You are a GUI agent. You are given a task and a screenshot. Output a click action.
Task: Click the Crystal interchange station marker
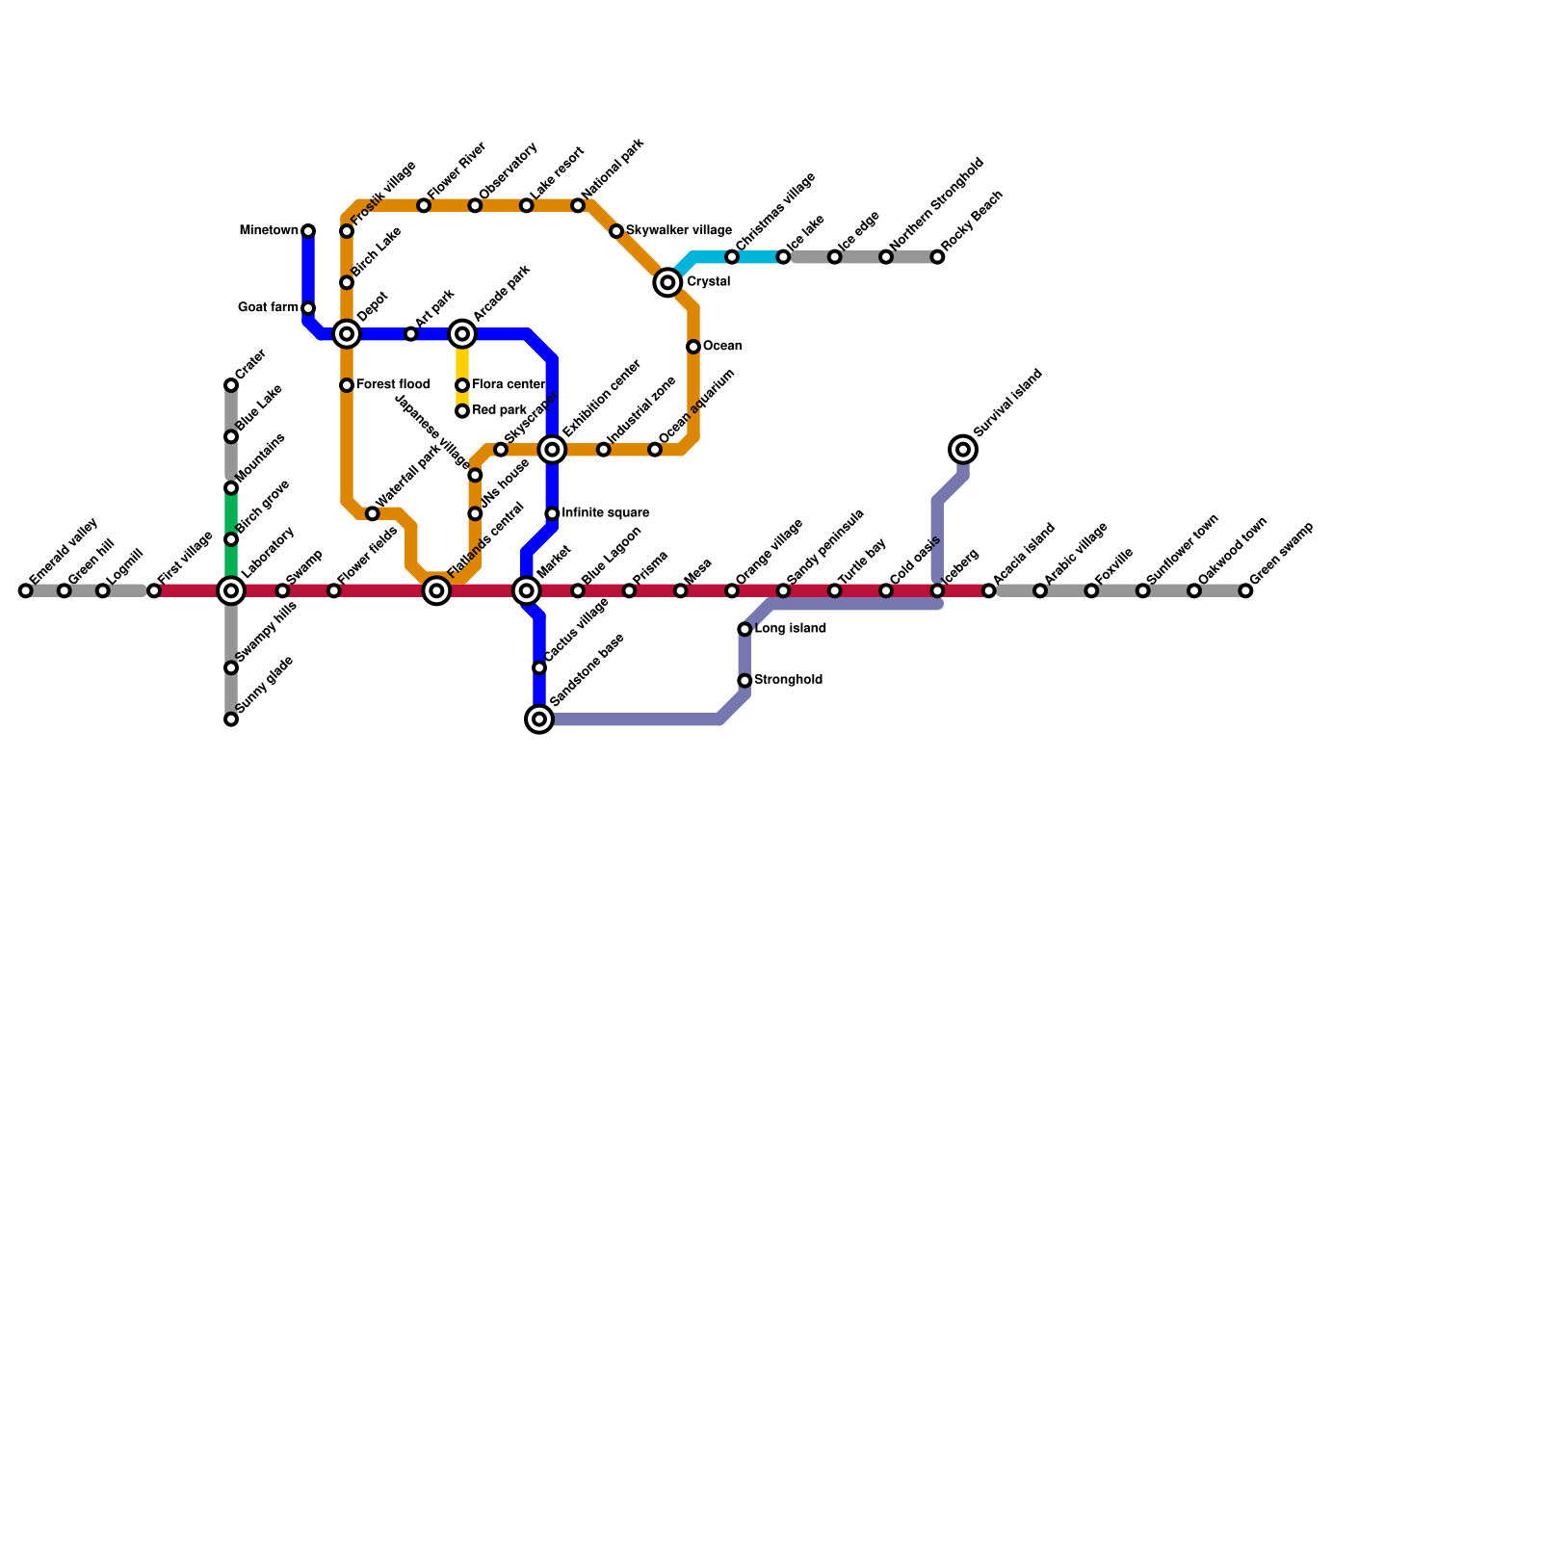click(667, 282)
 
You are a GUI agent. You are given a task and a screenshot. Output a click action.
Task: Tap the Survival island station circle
click(963, 449)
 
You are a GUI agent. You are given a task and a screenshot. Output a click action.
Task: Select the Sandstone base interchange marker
click(540, 718)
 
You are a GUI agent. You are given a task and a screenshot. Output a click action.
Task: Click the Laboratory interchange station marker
click(231, 590)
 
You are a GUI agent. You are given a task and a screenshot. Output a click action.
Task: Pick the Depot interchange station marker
click(347, 334)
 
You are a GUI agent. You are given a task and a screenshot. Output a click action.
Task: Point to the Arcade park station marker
click(462, 334)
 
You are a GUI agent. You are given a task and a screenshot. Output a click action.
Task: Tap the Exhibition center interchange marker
click(552, 449)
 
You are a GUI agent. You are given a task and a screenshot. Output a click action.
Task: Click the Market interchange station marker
click(526, 590)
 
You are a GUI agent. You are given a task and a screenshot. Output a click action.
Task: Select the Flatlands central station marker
click(436, 590)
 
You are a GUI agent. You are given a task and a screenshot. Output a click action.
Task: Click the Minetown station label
click(269, 231)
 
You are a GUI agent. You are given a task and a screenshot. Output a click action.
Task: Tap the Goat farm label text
click(268, 308)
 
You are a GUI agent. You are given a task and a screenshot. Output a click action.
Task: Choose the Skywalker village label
click(679, 231)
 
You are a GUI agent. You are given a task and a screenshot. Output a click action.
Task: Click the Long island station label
click(790, 629)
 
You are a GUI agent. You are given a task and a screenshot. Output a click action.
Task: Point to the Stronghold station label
click(788, 680)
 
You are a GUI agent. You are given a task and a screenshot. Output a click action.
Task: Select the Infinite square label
click(605, 513)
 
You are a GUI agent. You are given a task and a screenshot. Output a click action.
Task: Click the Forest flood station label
click(393, 385)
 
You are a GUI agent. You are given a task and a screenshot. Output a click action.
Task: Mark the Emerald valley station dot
click(26, 590)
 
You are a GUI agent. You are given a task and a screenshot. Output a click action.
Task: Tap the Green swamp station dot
click(1245, 590)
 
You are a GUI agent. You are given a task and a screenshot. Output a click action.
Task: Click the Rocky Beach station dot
click(937, 257)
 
